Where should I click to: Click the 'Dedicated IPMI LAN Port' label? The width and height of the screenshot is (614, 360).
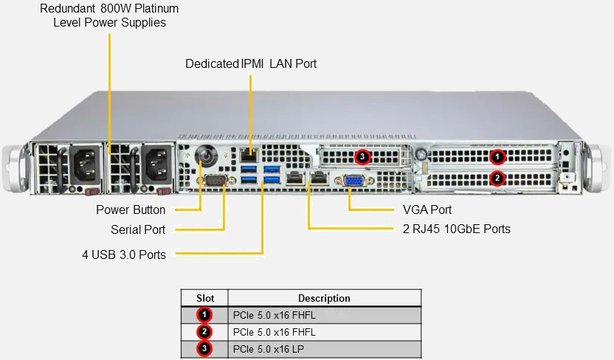tap(251, 63)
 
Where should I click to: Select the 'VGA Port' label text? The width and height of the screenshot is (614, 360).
tap(427, 210)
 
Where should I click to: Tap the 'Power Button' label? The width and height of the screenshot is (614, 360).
tap(131, 210)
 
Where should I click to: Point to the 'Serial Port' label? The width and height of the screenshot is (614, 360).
tap(138, 229)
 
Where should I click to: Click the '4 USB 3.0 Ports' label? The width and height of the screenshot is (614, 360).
tap(124, 255)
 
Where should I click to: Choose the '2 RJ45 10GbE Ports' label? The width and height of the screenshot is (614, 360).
tap(457, 229)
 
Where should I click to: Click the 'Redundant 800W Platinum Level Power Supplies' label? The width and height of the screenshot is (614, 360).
tap(109, 15)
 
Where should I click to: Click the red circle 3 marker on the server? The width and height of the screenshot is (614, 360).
tap(362, 156)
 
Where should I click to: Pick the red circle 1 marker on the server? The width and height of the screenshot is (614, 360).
tap(497, 156)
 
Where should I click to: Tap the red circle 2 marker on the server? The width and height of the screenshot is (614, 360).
tap(497, 178)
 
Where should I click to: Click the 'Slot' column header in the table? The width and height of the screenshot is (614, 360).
tap(205, 298)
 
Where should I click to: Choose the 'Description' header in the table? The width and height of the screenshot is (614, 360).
tap(324, 298)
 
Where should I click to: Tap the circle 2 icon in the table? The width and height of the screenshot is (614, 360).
tap(206, 331)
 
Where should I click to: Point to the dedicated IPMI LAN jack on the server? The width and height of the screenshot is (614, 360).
tap(249, 155)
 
